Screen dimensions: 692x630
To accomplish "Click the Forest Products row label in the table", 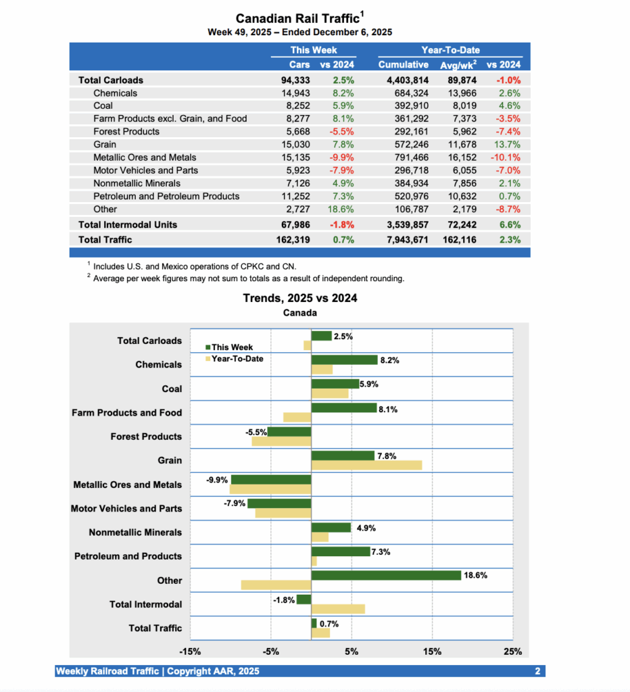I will [126, 131].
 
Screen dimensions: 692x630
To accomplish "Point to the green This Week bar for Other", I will [386, 575].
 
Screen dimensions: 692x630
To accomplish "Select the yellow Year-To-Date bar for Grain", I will [366, 465].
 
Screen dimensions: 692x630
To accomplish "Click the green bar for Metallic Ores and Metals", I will [271, 479].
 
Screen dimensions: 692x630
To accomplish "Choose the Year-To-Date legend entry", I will [235, 359].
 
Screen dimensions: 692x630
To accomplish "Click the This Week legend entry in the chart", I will [229, 347].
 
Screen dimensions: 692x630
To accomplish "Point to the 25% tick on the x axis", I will [512, 651].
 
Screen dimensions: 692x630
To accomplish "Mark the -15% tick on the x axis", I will [189, 651].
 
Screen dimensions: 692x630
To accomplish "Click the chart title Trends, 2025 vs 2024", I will [300, 298].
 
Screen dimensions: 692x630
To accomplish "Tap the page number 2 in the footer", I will [537, 671].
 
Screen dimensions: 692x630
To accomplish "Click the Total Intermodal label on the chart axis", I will [145, 604].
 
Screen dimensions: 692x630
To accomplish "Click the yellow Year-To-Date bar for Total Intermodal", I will [338, 609].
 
